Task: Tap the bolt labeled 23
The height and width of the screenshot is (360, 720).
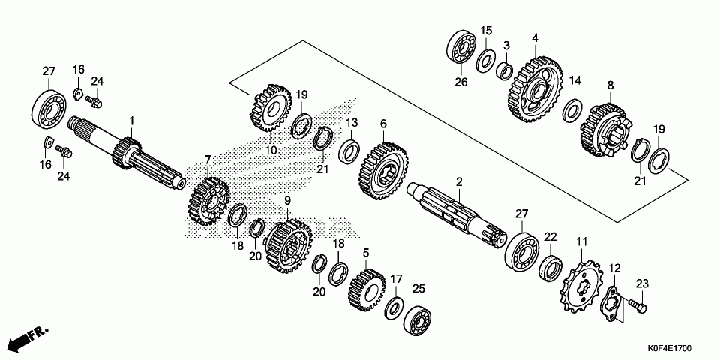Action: pos(638,305)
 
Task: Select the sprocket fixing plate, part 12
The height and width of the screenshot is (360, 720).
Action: pos(613,301)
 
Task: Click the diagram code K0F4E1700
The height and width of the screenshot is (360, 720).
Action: pos(670,349)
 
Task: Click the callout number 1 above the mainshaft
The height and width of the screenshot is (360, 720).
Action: pos(132,120)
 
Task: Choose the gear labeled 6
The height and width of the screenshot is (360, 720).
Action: pos(382,171)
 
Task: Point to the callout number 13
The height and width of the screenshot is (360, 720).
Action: pos(351,122)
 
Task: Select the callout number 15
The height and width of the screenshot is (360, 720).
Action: pos(486,31)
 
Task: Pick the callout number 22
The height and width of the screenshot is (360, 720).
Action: pos(550,236)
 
